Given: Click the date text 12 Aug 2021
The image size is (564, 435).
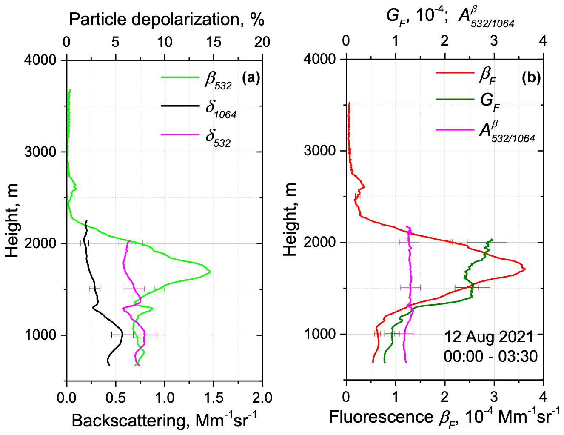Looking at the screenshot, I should pyautogui.click(x=489, y=337).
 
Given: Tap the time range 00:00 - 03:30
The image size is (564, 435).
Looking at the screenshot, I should pyautogui.click(x=490, y=356).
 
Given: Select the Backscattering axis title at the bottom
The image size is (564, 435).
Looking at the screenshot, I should pyautogui.click(x=164, y=420).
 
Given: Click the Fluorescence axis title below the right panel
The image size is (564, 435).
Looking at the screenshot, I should pyautogui.click(x=444, y=417).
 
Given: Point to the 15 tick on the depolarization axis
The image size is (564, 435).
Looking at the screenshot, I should pyautogui.click(x=214, y=42).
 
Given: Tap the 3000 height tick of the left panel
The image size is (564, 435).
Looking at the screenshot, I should pyautogui.click(x=40, y=152).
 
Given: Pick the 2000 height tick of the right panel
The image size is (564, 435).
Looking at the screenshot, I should pyautogui.click(x=320, y=243).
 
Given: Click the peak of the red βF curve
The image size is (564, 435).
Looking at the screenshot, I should pyautogui.click(x=525, y=269).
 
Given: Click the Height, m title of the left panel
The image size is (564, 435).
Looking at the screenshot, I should pyautogui.click(x=13, y=220).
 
